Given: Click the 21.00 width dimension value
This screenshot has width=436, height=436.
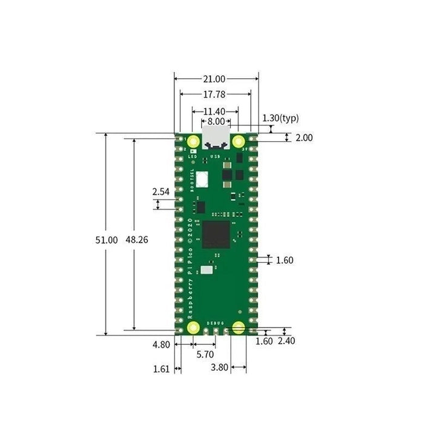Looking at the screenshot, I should [x=216, y=79].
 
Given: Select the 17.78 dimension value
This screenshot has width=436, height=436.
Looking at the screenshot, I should [x=216, y=94].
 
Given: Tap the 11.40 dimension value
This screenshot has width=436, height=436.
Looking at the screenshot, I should [x=214, y=111].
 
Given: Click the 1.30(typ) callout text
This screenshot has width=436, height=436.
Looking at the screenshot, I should [x=280, y=118].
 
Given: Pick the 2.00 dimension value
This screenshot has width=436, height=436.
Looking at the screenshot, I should [x=304, y=138].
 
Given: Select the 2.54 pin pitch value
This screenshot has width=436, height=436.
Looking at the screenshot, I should [x=161, y=191].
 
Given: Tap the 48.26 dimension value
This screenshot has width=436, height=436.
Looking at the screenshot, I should [x=136, y=240].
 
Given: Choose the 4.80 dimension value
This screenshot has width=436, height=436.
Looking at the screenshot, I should [x=161, y=345].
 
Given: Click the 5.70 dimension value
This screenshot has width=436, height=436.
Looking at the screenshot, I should [x=206, y=354].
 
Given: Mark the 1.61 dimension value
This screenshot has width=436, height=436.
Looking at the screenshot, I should [x=160, y=368].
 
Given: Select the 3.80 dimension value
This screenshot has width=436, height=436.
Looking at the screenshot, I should [x=219, y=368].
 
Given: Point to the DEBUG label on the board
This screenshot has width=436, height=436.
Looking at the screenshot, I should [x=215, y=324].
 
